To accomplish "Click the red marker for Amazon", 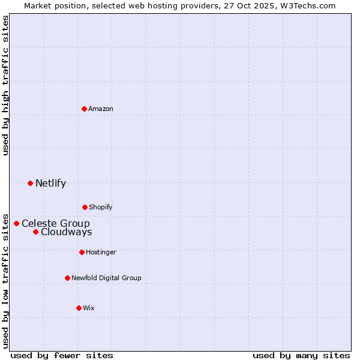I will point(84,109).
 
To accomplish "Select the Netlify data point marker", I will point(30,183).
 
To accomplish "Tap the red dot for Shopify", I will point(85,207).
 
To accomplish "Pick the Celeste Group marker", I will point(16,223).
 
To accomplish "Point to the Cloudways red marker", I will point(35,232).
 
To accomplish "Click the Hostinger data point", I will point(82,252).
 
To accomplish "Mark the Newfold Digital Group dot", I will point(67,278).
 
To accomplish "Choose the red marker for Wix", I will point(79,308).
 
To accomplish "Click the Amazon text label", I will point(101,109).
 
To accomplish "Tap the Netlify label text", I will point(50,183).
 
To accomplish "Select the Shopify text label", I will point(101,207).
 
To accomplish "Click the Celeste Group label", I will point(56,223).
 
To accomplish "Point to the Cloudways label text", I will point(67,232).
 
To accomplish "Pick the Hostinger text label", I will point(101,252).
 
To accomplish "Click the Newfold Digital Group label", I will point(106,278).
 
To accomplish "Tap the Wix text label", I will point(89,308).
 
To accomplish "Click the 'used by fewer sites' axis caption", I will point(62,355).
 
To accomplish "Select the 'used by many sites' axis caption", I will point(301,355).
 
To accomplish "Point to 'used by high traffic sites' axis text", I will point(5,85).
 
